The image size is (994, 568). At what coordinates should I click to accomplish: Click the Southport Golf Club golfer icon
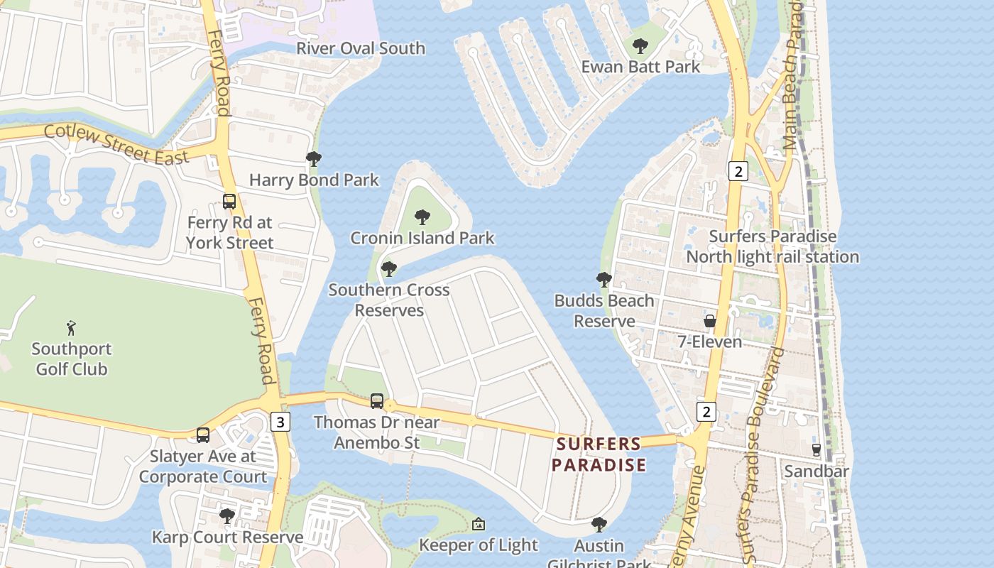coord(70,328)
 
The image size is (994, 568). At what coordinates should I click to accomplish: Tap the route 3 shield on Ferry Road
coord(280,422)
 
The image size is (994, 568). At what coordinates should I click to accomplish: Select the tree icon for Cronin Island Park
coord(422,217)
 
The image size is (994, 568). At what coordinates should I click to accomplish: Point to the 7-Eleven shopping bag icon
coord(709,321)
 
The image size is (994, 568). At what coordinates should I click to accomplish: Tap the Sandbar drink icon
coord(816,449)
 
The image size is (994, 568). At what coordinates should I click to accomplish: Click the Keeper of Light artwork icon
coord(479,524)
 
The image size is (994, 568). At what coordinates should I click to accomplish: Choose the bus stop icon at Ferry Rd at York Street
coord(229,202)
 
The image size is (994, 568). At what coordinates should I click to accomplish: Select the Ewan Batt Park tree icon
coord(640,47)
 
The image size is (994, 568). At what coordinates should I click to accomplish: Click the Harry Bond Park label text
coord(314,180)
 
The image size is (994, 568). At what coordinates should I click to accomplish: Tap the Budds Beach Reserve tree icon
coord(604,280)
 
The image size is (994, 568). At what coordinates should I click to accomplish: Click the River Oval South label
coord(361,48)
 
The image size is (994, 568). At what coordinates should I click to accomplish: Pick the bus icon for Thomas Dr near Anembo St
coord(377,401)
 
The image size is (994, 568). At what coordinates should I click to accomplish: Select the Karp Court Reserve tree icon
coord(227,516)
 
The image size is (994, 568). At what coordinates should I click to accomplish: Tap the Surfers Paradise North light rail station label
coord(772,246)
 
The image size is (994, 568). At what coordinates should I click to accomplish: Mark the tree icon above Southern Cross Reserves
coord(388,269)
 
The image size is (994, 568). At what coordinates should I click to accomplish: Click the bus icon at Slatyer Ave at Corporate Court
coord(203,435)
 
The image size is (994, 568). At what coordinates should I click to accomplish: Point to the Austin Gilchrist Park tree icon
coord(599,525)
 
